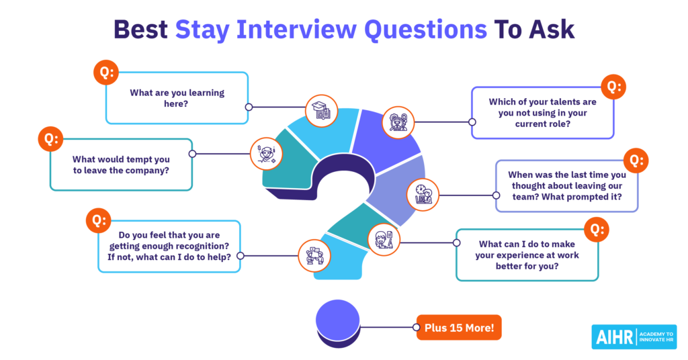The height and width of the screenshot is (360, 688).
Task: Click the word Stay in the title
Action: coord(202,30)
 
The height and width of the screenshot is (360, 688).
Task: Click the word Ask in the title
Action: coord(552,30)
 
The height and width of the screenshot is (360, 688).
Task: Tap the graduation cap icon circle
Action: coord(322,111)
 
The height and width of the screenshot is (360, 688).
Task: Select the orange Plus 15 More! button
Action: coord(459,328)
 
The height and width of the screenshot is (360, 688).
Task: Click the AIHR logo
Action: coord(634,336)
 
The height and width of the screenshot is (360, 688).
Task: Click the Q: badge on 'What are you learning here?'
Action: coord(106,73)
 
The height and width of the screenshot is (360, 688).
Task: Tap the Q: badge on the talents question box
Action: coord(613,87)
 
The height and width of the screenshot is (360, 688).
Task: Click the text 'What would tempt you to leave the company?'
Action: coord(121,165)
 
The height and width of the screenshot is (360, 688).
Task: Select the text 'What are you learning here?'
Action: coord(177,98)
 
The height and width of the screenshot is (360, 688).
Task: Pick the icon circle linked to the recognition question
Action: coord(314,256)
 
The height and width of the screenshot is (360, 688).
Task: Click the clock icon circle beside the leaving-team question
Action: coord(423,195)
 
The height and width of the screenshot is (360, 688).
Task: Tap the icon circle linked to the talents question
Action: coord(398,122)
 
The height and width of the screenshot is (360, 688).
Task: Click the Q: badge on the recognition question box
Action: coord(98,220)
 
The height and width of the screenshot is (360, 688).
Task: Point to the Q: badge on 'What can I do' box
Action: coord(597,229)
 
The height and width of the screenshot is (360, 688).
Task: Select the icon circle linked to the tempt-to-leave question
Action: coord(266,154)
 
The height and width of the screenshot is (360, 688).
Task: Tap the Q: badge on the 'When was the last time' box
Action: coord(636,161)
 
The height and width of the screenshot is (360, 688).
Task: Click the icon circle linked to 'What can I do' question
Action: coord(384,239)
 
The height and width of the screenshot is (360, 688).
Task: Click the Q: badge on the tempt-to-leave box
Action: coord(51,140)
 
